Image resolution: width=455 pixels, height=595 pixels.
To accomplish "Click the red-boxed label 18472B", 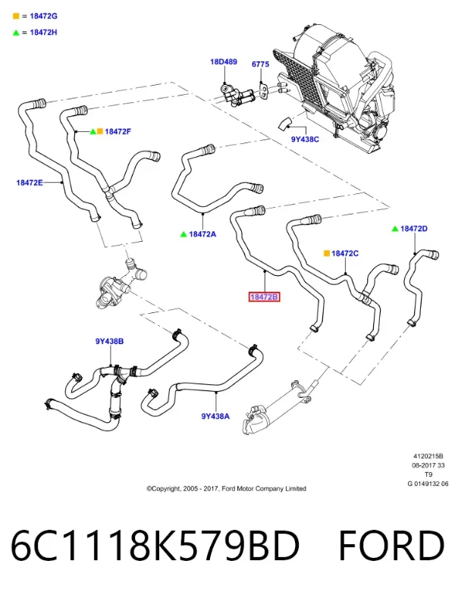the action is click(265, 296).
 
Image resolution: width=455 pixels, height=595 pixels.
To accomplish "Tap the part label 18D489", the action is click(224, 61).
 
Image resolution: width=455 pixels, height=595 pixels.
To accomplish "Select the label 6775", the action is click(261, 64).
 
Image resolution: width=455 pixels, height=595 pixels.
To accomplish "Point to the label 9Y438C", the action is click(305, 139).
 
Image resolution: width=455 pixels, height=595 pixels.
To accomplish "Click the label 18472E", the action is click(30, 183).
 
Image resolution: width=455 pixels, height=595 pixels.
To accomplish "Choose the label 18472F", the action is click(118, 132).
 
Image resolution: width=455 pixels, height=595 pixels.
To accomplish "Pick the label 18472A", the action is click(202, 234).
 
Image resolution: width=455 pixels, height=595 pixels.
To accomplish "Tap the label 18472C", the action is click(345, 253).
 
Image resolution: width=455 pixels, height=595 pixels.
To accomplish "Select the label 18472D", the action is click(414, 228).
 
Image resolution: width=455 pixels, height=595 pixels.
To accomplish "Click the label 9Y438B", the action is click(109, 341).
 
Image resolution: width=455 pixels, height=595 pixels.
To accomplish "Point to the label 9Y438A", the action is click(215, 416).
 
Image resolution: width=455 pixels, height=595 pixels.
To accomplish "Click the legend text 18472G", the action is click(44, 16).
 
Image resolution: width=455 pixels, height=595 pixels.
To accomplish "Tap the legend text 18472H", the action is click(44, 33).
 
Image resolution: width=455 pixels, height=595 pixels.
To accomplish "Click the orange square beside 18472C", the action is click(327, 253).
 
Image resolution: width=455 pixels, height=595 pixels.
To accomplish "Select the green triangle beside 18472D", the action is click(395, 228).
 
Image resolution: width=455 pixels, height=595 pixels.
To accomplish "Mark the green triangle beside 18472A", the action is click(184, 234).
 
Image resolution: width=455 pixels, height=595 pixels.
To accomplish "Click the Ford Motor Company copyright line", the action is click(226, 489).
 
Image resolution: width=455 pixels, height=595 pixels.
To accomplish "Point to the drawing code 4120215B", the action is click(428, 456).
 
